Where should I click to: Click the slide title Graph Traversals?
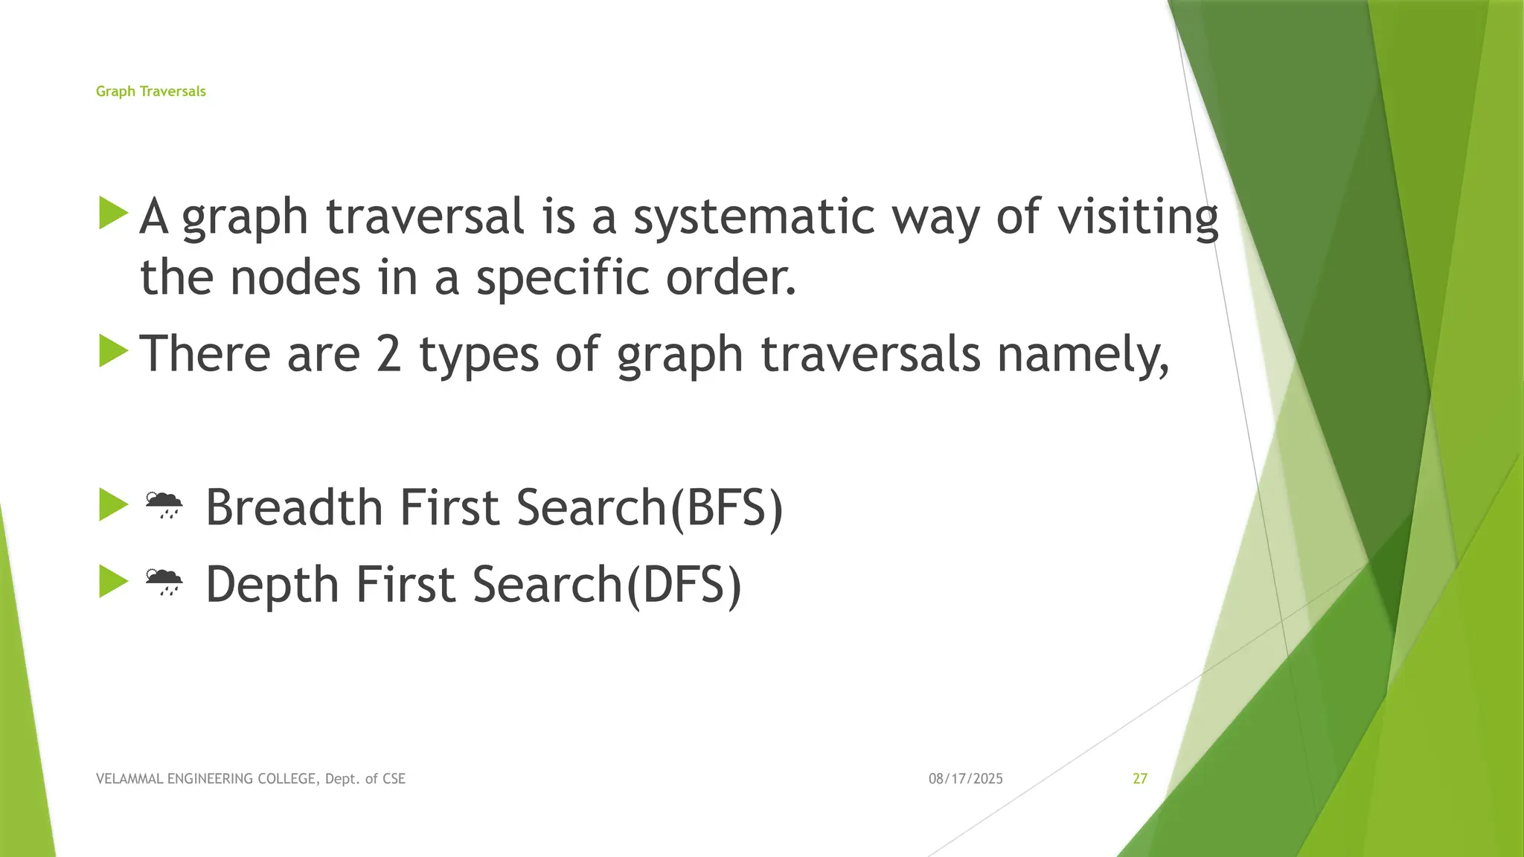tap(150, 92)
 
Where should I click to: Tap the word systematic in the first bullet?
tap(754, 216)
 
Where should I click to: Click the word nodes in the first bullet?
tap(295, 277)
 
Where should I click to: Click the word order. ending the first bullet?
tap(731, 277)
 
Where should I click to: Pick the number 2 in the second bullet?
tap(388, 354)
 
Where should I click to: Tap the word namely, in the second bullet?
tap(1083, 354)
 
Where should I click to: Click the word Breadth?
tap(294, 507)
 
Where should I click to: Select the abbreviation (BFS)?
tap(726, 507)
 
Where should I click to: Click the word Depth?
tap(272, 584)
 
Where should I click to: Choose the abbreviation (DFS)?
tap(683, 584)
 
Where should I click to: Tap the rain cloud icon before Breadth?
tap(164, 505)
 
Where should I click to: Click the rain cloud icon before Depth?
tap(164, 582)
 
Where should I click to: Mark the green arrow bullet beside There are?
tap(114, 350)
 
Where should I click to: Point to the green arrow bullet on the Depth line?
tap(114, 581)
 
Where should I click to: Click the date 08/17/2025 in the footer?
tap(965, 779)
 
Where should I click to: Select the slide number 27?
tap(1139, 779)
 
